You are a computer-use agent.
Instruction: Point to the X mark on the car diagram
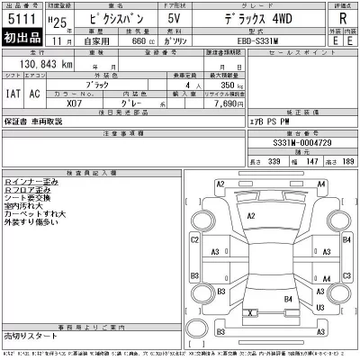(250, 312)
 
